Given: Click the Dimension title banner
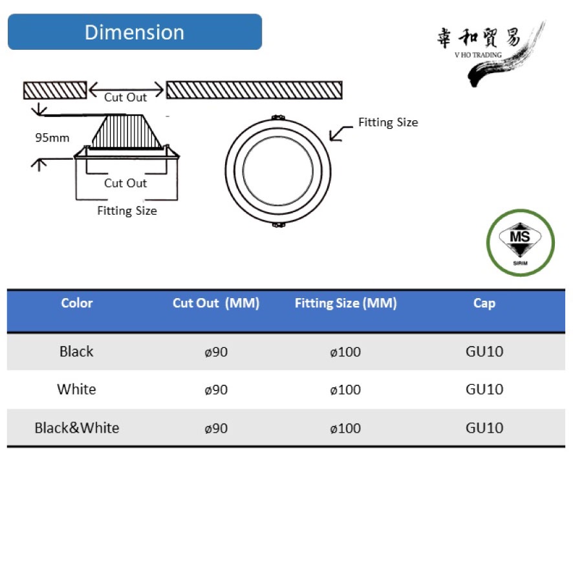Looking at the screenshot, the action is [135, 32].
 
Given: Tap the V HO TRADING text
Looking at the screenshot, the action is [478, 55].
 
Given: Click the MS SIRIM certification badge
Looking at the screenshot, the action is [521, 243].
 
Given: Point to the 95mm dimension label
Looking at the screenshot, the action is [52, 138].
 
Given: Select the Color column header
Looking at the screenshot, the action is [77, 303].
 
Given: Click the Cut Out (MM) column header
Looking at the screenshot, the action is [216, 303].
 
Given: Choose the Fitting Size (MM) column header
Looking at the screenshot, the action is [346, 303].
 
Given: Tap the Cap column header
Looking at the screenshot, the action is [484, 303].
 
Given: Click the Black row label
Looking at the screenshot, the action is [76, 351].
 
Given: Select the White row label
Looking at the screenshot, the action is [76, 389].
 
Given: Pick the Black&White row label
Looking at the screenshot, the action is [77, 427].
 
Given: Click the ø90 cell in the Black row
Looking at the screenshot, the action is [216, 352].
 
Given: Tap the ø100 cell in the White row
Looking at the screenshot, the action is [345, 389].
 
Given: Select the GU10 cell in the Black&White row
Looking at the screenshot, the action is [484, 427].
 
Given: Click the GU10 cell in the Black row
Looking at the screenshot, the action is [484, 351].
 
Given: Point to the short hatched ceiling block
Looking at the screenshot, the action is [55, 91].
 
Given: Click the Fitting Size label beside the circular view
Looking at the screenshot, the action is [388, 122].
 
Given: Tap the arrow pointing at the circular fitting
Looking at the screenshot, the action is [341, 133].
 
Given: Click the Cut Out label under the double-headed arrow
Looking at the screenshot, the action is [125, 97].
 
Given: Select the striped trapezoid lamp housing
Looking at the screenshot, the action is [127, 131].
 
